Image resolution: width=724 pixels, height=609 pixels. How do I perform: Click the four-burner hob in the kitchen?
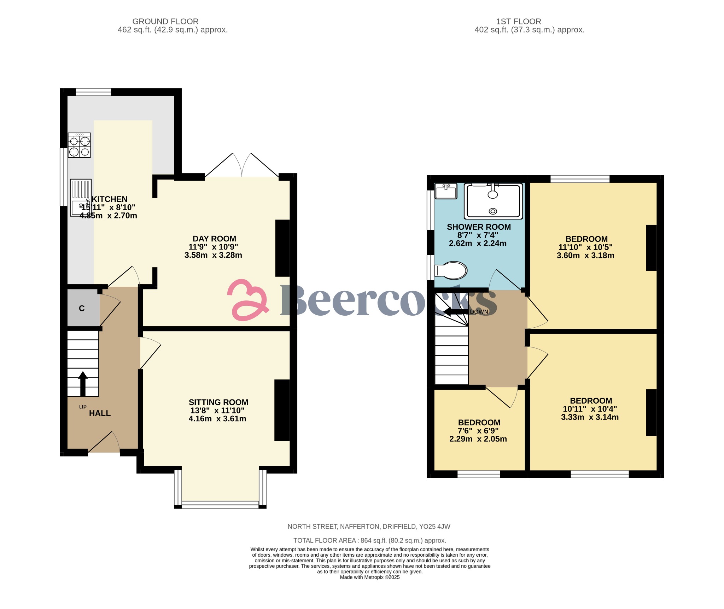(x=79, y=145)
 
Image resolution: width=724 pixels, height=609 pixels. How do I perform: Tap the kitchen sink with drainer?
(x=81, y=198)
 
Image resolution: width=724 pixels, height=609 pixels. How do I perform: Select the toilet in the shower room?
(x=451, y=271)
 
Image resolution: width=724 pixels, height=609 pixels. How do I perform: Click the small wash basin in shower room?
(x=446, y=191)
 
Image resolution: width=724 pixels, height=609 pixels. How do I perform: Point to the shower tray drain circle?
(x=493, y=211)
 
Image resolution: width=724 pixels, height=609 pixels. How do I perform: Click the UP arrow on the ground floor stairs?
(x=83, y=383)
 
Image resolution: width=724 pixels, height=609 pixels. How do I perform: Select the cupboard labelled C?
(x=82, y=308)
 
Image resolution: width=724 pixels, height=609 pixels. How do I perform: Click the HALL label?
(x=100, y=413)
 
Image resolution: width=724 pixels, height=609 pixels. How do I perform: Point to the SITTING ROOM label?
(x=218, y=402)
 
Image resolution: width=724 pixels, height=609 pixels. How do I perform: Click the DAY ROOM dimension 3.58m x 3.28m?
(x=213, y=255)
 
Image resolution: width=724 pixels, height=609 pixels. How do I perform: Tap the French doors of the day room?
(x=242, y=166)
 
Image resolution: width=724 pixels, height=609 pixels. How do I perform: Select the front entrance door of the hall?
(x=104, y=444)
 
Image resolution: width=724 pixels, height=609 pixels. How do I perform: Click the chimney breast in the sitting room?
(x=282, y=410)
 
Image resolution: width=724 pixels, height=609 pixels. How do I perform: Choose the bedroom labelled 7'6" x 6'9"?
(x=479, y=431)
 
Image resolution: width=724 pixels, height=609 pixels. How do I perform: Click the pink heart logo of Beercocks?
(x=247, y=300)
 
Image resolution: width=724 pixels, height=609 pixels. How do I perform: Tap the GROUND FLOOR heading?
(x=165, y=22)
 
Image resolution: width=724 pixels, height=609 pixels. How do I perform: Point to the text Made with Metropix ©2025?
(x=369, y=577)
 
